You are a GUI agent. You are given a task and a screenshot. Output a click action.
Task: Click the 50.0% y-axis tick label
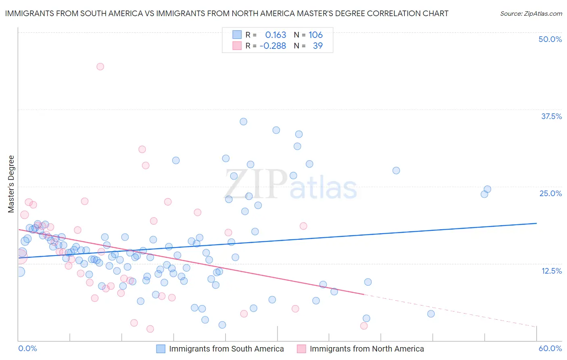tap(550, 39)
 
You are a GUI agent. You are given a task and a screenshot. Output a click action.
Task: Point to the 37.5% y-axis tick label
tap(551, 116)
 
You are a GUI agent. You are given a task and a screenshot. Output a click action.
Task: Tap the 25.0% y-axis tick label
tap(550, 193)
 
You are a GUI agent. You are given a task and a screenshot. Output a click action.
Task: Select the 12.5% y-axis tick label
tap(551, 271)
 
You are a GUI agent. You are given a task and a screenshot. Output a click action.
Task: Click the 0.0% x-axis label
tap(27, 348)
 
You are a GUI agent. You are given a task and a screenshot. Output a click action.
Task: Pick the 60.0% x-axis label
tap(550, 348)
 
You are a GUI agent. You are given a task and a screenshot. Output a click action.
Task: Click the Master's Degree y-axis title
tap(11, 184)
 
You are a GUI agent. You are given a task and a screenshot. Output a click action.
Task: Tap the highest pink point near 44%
tap(100, 67)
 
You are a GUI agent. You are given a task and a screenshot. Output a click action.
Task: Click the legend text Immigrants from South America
tap(226, 349)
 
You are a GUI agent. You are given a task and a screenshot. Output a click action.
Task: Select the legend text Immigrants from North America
tap(367, 349)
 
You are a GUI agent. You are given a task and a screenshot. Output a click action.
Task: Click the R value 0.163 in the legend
tap(275, 35)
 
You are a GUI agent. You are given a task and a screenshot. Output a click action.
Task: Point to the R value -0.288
tap(273, 46)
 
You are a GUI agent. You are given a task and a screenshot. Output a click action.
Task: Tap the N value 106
tap(315, 35)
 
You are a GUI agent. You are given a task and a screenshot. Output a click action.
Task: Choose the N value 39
tap(318, 46)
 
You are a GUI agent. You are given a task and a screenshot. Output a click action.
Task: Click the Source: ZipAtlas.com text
tap(531, 14)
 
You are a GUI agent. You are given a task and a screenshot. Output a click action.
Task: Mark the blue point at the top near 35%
tap(243, 121)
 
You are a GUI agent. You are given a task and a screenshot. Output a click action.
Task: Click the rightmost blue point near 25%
tap(487, 189)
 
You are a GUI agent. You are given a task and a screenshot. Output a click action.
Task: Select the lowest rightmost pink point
tap(364, 326)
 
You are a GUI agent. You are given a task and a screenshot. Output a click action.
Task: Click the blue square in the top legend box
tap(237, 35)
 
